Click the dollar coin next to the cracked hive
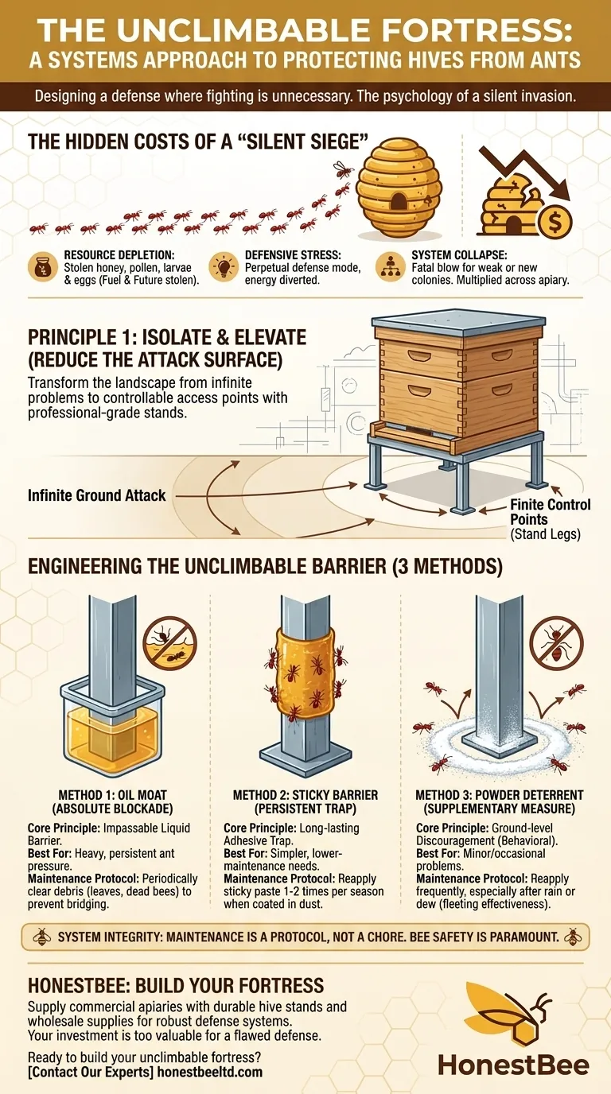pyautogui.click(x=555, y=223)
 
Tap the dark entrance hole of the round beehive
pyautogui.click(x=399, y=200)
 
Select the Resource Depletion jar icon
pyautogui.click(x=43, y=267)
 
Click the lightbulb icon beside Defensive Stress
pyautogui.click(x=224, y=267)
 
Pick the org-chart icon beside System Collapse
pyautogui.click(x=390, y=267)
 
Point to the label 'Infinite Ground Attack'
pyautogui.click(x=97, y=495)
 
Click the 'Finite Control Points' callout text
pyautogui.click(x=551, y=512)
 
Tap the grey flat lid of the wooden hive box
pyautogui.click(x=458, y=321)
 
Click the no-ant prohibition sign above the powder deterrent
pyautogui.click(x=557, y=642)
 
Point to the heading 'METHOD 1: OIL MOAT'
pyautogui.click(x=113, y=795)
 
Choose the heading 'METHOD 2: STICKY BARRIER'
pyautogui.click(x=305, y=795)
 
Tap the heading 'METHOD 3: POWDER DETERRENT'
pyautogui.click(x=499, y=795)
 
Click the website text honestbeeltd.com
pyautogui.click(x=210, y=1072)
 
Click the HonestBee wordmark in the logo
pyautogui.click(x=513, y=1065)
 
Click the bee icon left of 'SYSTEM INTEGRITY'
pyautogui.click(x=42, y=937)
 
